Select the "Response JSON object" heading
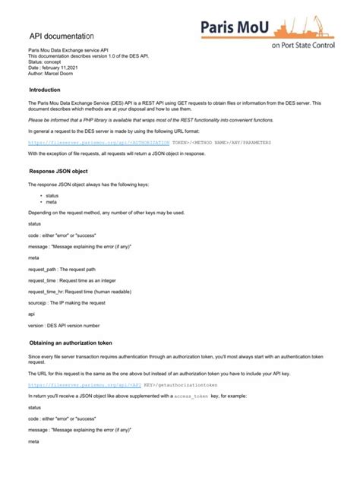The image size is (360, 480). pos(64,172)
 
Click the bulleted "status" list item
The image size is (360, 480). pos(52,194)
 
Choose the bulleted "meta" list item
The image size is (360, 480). pos(51,202)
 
